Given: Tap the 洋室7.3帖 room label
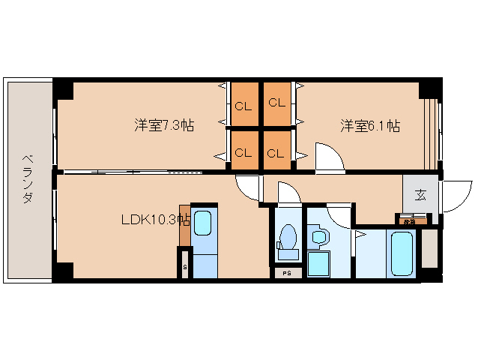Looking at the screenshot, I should click(164, 125).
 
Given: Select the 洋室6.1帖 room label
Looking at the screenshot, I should click(370, 125).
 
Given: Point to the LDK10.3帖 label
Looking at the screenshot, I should click(154, 220).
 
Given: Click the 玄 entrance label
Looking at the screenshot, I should click(420, 195).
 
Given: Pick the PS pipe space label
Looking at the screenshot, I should click(287, 273).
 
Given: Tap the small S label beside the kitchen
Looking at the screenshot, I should click(184, 266).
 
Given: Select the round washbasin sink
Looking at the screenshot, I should click(318, 238).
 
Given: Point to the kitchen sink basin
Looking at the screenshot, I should click(202, 223).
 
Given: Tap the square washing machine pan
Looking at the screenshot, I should click(319, 264).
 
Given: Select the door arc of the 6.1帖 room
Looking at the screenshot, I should click(327, 159).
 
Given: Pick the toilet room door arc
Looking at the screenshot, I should click(288, 193).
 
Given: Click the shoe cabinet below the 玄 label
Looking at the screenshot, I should click(411, 220).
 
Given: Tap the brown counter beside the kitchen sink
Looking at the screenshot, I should click(184, 225).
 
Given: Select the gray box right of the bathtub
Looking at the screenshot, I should click(429, 249).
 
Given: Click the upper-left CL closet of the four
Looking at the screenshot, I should click(243, 103).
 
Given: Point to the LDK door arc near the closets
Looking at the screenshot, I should click(245, 185).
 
